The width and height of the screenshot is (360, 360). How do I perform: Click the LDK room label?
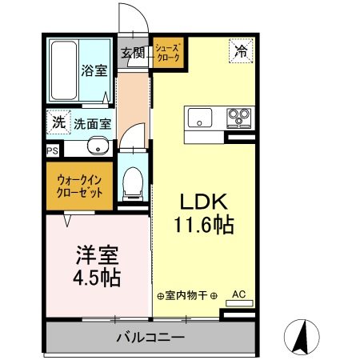203,201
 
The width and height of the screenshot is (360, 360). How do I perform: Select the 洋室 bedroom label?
97,257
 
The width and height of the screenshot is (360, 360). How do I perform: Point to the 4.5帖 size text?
97,278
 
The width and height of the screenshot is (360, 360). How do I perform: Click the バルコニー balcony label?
150,338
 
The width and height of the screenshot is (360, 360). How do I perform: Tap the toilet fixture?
133,182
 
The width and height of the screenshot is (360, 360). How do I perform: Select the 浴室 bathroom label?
94,70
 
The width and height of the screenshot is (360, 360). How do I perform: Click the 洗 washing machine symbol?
58,122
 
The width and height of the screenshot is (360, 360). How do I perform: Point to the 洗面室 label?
93,124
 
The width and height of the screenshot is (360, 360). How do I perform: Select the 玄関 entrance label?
133,54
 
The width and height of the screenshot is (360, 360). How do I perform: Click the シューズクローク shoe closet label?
168,54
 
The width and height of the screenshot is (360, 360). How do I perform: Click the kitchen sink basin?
200,118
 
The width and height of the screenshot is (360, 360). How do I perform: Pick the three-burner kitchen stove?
238,118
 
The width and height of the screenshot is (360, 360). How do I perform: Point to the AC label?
238,294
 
